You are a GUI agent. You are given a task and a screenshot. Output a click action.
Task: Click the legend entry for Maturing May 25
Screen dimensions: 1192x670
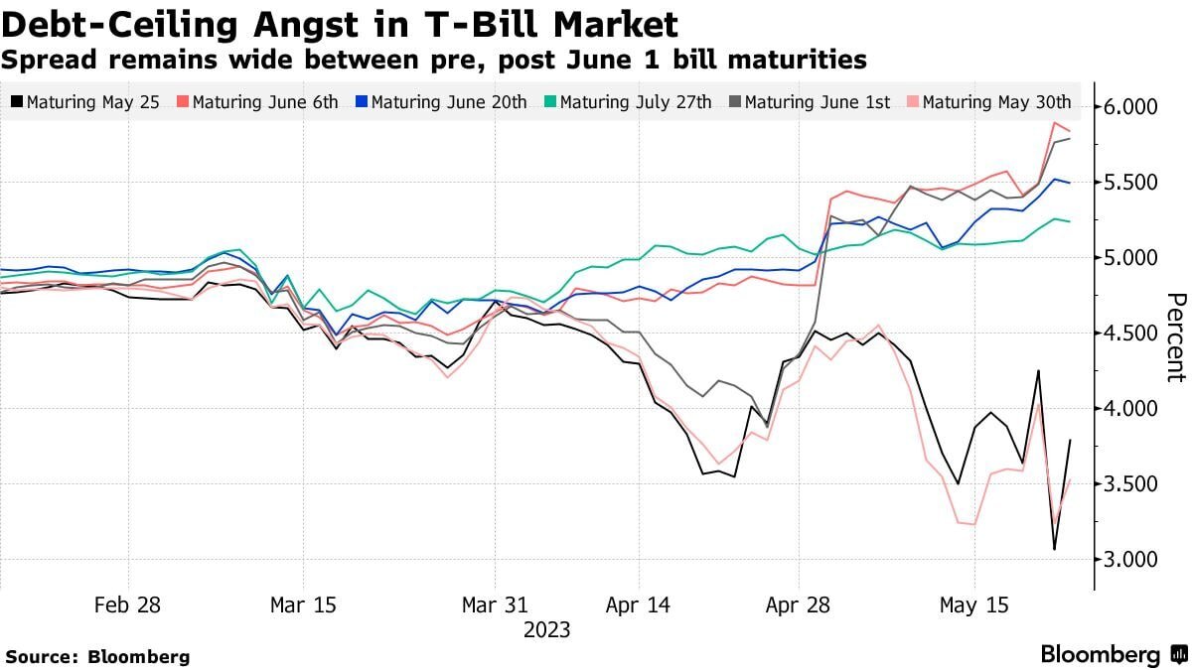(85, 101)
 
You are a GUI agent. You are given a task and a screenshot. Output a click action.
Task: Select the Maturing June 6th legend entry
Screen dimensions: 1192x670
(257, 101)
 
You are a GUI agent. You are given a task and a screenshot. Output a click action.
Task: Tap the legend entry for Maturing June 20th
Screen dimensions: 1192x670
(442, 101)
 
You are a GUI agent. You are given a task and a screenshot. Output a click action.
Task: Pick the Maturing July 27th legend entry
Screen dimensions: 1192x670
(628, 101)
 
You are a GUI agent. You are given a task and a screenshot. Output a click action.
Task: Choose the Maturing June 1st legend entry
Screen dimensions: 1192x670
(810, 101)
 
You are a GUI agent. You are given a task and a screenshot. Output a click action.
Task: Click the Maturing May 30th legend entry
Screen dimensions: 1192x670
(989, 101)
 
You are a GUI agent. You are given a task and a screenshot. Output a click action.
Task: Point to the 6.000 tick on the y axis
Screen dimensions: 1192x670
(1130, 107)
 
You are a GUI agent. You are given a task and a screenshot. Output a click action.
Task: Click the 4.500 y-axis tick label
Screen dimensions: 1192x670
(1130, 334)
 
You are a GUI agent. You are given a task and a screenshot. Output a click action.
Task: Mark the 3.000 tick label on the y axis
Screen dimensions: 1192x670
(1130, 560)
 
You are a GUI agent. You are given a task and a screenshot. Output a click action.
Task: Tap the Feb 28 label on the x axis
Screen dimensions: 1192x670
(127, 605)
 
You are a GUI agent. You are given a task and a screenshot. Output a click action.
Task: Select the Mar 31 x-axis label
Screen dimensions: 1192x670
(495, 605)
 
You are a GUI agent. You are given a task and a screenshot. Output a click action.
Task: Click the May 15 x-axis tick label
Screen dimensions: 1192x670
(973, 605)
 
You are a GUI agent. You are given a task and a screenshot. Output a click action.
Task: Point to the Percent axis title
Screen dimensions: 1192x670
(1176, 337)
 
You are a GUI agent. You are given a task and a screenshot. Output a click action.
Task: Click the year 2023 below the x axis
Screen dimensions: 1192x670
(547, 630)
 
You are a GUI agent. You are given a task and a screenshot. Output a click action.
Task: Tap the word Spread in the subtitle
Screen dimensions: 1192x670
(49, 61)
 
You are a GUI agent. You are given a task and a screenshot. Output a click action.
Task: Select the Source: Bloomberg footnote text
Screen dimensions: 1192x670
(98, 657)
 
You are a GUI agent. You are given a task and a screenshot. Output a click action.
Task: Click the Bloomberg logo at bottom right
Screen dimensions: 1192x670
(1115, 654)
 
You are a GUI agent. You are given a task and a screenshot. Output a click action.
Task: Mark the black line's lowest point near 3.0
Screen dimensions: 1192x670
(1054, 549)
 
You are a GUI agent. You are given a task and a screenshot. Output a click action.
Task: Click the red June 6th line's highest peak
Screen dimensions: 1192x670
(1054, 123)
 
